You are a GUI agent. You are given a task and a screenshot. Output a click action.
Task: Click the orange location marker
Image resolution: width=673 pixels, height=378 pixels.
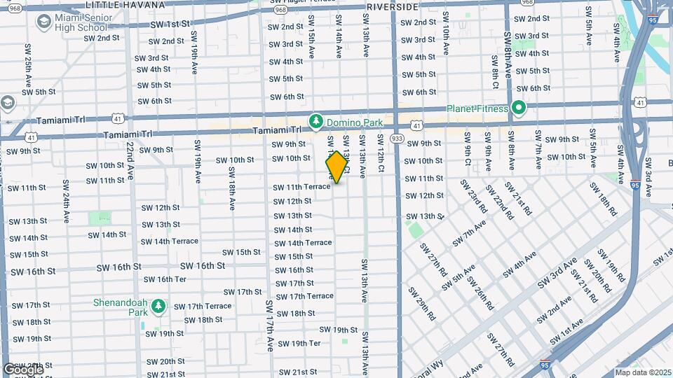click(x=336, y=167)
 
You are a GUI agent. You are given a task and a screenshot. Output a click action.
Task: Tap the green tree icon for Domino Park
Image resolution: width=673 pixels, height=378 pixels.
click(x=315, y=122)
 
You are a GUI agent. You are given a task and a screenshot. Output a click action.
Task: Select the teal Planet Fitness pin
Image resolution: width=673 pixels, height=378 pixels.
click(x=518, y=108)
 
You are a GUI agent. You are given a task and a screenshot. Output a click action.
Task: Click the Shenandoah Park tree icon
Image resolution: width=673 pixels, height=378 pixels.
click(x=159, y=305)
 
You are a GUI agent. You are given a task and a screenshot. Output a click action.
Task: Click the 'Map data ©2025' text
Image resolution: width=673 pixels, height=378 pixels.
click(x=642, y=372)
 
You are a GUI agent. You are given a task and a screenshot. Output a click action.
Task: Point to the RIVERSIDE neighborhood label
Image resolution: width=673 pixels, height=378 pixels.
click(x=392, y=6)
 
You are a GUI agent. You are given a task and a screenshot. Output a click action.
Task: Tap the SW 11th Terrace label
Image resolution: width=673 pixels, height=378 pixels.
click(x=301, y=187)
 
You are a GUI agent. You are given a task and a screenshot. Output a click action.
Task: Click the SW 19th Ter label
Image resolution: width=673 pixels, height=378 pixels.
click(x=299, y=343)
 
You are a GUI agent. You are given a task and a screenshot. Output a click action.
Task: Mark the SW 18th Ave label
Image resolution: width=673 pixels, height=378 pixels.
click(x=231, y=189)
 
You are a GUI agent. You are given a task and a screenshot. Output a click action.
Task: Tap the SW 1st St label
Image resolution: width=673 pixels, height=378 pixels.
click(x=170, y=23)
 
